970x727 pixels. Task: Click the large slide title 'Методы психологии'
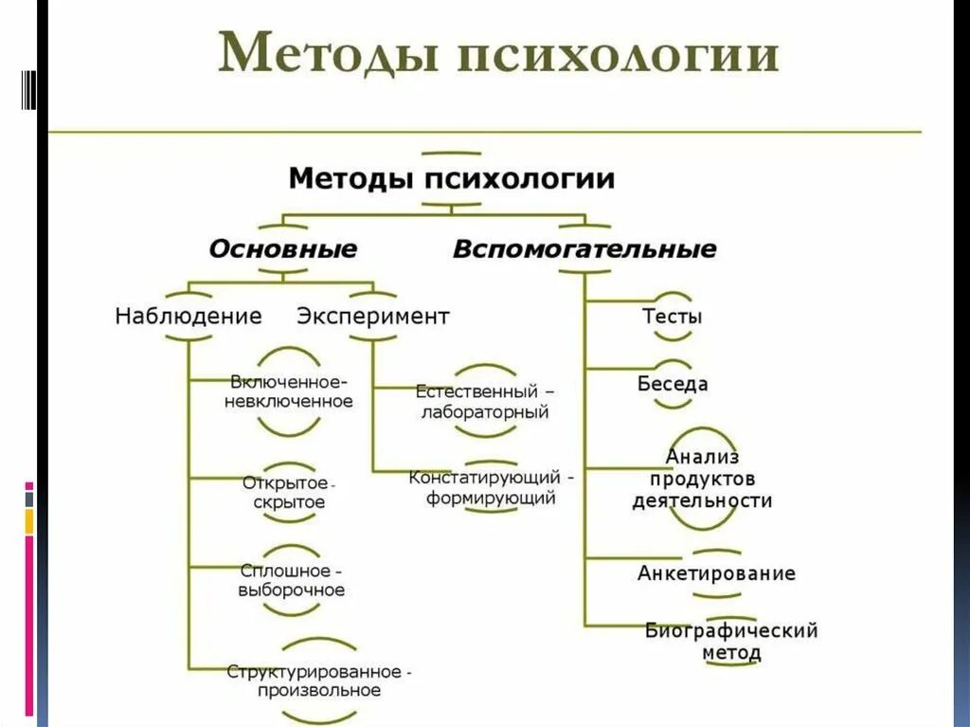pyautogui.click(x=498, y=55)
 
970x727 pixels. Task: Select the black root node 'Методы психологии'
pyautogui.click(x=451, y=177)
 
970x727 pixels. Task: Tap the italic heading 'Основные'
pyautogui.click(x=282, y=249)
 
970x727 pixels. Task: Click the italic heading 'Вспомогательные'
pyautogui.click(x=584, y=249)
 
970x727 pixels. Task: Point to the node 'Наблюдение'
pyautogui.click(x=188, y=316)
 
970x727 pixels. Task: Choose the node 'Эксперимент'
pyautogui.click(x=373, y=316)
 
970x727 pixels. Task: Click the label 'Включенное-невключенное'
pyautogui.click(x=288, y=391)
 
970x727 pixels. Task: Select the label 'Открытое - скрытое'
pyautogui.click(x=288, y=492)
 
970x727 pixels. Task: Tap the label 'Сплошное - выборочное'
pyautogui.click(x=291, y=580)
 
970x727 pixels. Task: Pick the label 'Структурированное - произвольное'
pyautogui.click(x=317, y=681)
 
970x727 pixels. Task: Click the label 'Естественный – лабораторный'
pyautogui.click(x=485, y=402)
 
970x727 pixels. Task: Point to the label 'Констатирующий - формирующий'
pyautogui.click(x=491, y=486)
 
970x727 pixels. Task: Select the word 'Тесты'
pyautogui.click(x=673, y=317)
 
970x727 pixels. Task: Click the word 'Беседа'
pyautogui.click(x=673, y=384)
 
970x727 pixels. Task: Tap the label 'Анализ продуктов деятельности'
pyautogui.click(x=702, y=479)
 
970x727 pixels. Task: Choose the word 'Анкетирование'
pyautogui.click(x=716, y=573)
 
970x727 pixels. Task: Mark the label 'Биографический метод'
pyautogui.click(x=730, y=642)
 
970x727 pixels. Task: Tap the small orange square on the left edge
pyautogui.click(x=29, y=520)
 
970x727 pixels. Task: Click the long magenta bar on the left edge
pyautogui.click(x=29, y=626)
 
